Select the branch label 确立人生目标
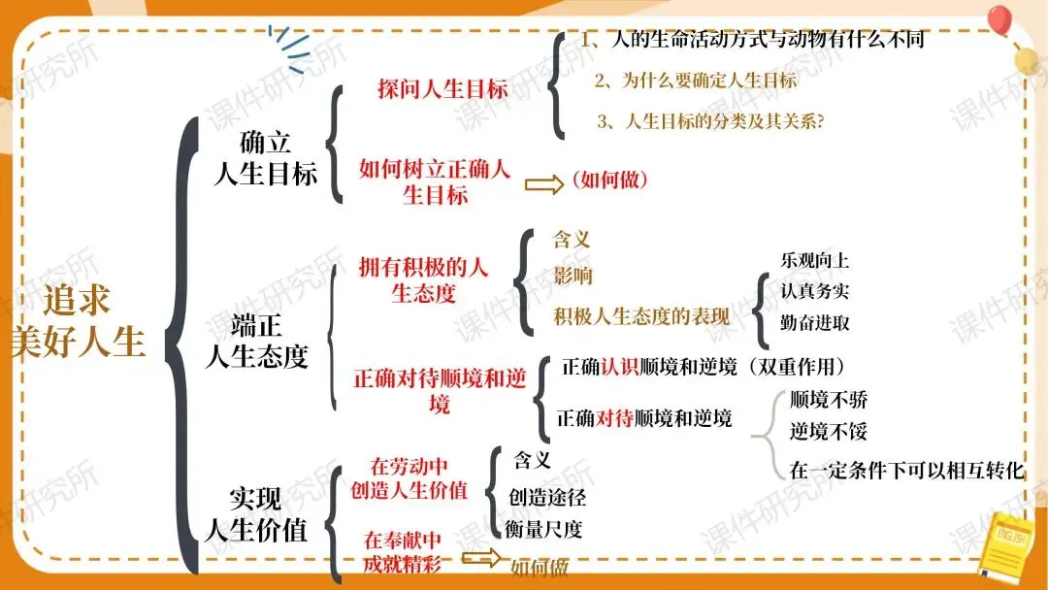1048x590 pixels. click(265, 158)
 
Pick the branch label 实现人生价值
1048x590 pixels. click(256, 514)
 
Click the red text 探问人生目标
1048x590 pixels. click(442, 89)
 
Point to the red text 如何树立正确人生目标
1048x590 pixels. click(434, 181)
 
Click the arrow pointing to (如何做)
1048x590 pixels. click(543, 184)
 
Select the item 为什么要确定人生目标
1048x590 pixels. click(696, 81)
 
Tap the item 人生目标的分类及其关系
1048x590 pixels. click(717, 122)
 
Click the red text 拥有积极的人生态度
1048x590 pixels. click(423, 279)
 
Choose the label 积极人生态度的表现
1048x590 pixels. click(641, 316)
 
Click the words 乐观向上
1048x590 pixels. click(815, 260)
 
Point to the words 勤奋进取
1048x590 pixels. click(815, 322)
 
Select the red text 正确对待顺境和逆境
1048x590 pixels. click(439, 390)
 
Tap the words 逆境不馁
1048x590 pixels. click(828, 431)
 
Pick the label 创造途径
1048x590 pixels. click(547, 498)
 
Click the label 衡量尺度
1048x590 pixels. click(543, 529)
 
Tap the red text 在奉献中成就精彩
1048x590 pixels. click(402, 550)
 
